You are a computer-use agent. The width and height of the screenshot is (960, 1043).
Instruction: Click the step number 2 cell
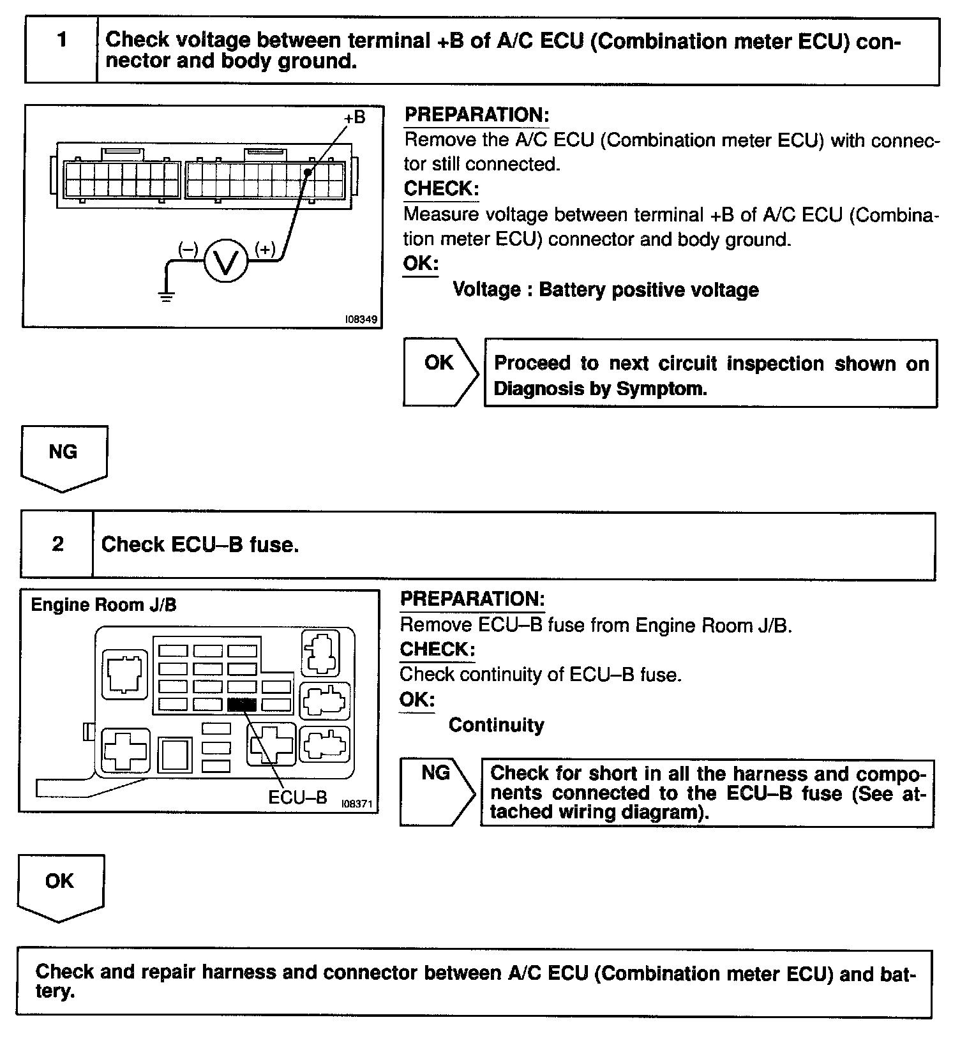57,544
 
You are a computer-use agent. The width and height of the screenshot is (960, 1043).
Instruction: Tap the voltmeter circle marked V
225,261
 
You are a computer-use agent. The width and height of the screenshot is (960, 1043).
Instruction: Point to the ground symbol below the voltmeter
167,296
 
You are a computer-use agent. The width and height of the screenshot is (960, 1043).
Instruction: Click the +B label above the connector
354,117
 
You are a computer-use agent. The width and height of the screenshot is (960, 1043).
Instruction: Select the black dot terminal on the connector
308,172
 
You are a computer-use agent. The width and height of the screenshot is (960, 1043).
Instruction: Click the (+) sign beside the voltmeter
265,249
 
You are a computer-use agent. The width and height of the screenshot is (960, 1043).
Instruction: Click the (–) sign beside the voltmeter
188,249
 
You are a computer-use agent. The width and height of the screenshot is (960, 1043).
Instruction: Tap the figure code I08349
361,319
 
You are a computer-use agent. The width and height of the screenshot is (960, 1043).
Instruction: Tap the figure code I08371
357,804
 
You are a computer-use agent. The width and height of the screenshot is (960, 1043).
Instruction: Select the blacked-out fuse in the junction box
242,704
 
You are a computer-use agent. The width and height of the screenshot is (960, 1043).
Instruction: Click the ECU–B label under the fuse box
297,797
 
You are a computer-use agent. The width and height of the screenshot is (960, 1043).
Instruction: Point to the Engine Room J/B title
103,605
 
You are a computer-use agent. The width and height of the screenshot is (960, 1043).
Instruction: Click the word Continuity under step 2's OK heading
496,725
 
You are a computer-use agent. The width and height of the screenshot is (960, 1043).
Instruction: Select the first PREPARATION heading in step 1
476,115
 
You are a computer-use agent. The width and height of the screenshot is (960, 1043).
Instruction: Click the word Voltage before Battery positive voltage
486,290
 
